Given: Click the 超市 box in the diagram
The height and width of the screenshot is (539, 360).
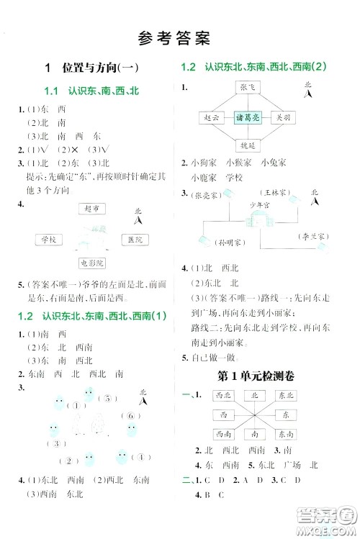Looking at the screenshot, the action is coord(90,209).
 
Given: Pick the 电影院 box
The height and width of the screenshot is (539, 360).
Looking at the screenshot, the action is coord(92,263).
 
